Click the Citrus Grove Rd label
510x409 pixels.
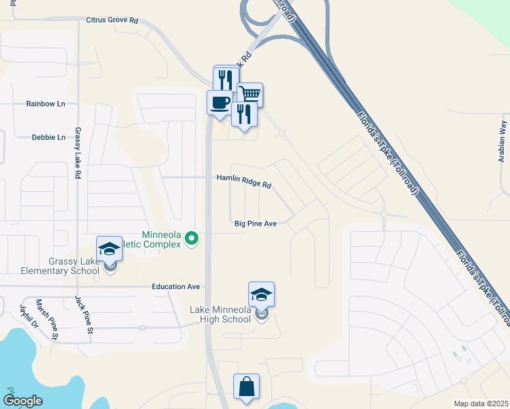[x=112, y=20]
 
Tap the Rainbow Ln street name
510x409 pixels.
[x=46, y=104]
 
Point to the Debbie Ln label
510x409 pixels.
[x=48, y=137]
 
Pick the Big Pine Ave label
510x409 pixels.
[x=255, y=224]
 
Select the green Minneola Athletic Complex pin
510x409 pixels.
[x=192, y=239]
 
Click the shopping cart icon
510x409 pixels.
[x=250, y=94]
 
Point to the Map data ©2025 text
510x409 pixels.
[x=480, y=404]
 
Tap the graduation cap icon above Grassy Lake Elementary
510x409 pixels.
[x=109, y=249]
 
